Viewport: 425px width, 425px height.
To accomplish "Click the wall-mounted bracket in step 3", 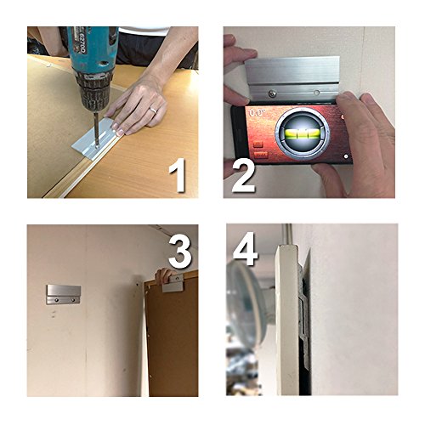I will tap(63, 294).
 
